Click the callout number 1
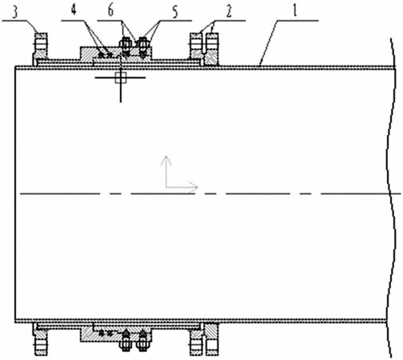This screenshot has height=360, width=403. coord(295,10)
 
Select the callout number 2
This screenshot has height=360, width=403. coord(229,12)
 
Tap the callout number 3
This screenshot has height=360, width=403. coord(15,12)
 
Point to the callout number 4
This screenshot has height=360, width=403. coord(74,10)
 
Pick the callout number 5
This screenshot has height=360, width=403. coord(174,12)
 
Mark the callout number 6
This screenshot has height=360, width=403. coord(110,10)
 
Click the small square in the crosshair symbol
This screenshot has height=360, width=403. coord(121,78)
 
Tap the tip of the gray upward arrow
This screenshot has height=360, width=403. coord(166,156)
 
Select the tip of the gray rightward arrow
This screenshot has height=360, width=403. coord(198,187)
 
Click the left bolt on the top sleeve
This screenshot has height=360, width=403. coord(125,45)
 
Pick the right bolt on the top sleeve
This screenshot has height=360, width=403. coord(142,45)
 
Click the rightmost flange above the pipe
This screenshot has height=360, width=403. coord(212,50)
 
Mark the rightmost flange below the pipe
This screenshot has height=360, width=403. coord(212,338)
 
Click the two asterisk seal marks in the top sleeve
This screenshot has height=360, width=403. coord(106,55)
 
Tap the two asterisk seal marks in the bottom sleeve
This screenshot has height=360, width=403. coord(106,333)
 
